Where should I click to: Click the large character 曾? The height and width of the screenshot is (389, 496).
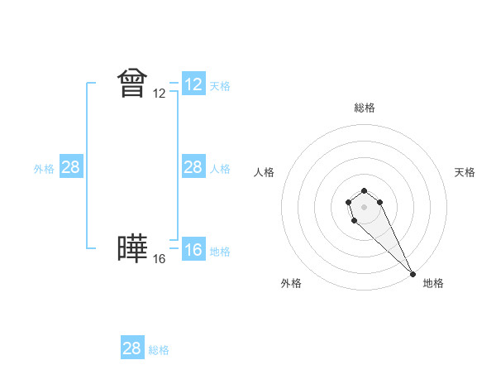click(x=132, y=83)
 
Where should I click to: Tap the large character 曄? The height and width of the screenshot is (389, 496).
click(x=132, y=249)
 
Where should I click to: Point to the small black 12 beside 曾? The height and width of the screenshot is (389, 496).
click(x=160, y=94)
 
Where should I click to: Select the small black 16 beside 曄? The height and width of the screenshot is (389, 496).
click(x=160, y=259)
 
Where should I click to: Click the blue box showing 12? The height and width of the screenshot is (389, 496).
click(x=193, y=84)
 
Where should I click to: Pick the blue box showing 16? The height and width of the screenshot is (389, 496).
click(x=193, y=250)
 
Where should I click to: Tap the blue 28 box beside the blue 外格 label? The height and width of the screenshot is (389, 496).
click(x=71, y=167)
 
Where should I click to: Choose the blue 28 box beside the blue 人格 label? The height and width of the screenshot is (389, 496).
click(x=193, y=167)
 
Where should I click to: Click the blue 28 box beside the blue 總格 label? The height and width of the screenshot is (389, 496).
click(x=132, y=348)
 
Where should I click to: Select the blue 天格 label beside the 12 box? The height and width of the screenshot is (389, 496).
click(x=220, y=86)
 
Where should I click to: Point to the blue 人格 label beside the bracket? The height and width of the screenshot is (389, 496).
click(x=220, y=169)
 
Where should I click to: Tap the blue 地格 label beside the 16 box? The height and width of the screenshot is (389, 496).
click(x=220, y=252)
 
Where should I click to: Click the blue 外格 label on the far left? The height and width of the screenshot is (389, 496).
click(x=44, y=169)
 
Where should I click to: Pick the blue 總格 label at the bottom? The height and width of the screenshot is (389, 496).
click(x=159, y=350)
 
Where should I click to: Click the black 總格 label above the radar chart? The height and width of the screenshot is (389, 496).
click(x=365, y=108)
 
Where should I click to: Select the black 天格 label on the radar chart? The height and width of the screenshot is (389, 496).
click(x=465, y=172)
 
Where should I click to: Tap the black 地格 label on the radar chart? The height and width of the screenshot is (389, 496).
click(x=433, y=283)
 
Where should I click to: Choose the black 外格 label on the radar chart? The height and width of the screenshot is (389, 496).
click(x=291, y=283)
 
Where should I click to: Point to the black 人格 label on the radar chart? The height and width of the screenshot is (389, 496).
click(x=265, y=172)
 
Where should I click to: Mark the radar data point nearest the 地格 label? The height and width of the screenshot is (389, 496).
click(x=413, y=273)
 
